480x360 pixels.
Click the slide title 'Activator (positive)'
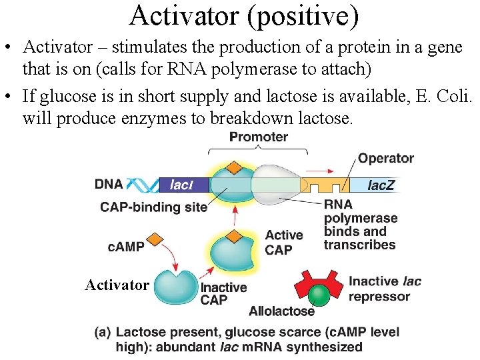click(244, 16)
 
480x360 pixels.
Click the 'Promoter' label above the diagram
click(258, 137)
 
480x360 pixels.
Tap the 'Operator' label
click(385, 159)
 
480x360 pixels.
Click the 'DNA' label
click(109, 185)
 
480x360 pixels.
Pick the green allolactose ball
click(319, 294)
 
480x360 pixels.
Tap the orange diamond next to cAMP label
click(155, 238)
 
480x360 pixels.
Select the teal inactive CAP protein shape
click(175, 285)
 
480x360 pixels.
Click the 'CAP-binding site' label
click(154, 207)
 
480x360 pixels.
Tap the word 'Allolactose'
click(281, 311)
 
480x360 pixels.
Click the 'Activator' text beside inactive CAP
click(117, 285)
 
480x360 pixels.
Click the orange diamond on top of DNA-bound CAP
click(233, 167)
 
